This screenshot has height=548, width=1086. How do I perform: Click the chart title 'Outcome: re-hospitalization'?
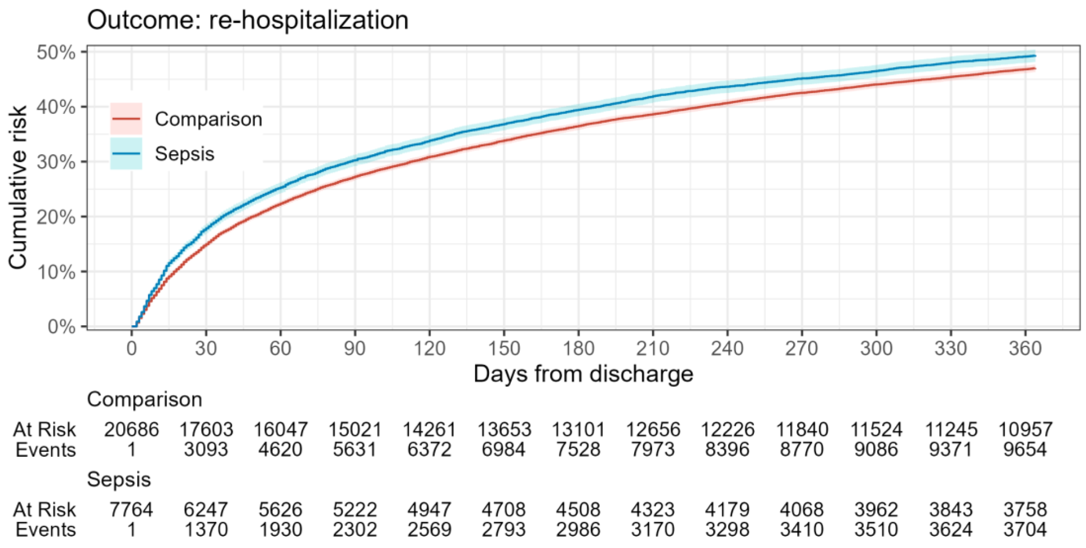point(248,20)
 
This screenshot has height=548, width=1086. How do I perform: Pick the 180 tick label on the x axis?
point(578,349)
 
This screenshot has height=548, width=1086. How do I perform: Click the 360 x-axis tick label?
point(1025,349)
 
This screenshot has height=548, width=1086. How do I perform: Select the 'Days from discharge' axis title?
point(583,374)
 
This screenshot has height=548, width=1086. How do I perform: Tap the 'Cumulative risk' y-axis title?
point(18,187)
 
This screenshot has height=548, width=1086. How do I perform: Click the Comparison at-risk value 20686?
point(132,430)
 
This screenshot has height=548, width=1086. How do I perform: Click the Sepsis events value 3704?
point(1025,530)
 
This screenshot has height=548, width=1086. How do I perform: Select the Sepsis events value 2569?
point(429,530)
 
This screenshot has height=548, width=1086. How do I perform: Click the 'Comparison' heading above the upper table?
point(145,400)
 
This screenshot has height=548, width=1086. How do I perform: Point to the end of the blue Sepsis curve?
point(1035,56)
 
